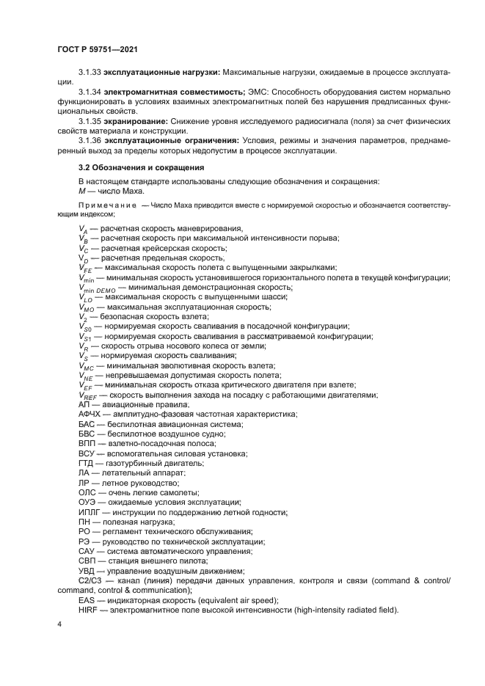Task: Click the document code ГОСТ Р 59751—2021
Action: [x=98, y=49]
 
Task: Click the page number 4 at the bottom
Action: [x=59, y=624]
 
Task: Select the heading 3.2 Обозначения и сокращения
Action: [x=131, y=168]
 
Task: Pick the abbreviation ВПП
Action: [x=87, y=444]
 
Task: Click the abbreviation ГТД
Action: [x=87, y=463]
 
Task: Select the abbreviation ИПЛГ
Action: [x=89, y=511]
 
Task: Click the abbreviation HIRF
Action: [x=87, y=609]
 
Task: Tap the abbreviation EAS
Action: [x=87, y=599]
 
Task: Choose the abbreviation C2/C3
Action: [x=92, y=580]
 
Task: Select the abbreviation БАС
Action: [x=87, y=424]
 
